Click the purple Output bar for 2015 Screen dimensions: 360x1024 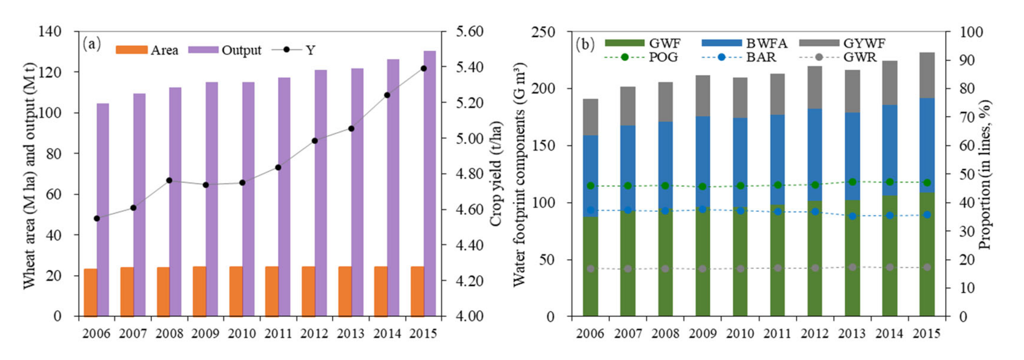pyautogui.click(x=430, y=183)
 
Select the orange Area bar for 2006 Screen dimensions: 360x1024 pyautogui.click(x=90, y=292)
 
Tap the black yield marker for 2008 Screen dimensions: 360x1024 pyautogui.click(x=169, y=180)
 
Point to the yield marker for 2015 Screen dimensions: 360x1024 pyautogui.click(x=424, y=68)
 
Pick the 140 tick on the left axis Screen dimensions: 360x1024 pyautogui.click(x=49, y=31)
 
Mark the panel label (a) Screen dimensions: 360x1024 pyautogui.click(x=92, y=44)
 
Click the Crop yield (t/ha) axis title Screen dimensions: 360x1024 pyautogui.click(x=496, y=174)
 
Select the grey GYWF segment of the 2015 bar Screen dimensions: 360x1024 pyautogui.click(x=927, y=75)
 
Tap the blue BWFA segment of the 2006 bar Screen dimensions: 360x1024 pyautogui.click(x=590, y=176)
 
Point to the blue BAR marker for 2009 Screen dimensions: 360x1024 pyautogui.click(x=702, y=209)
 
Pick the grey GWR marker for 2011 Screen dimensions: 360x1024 pyautogui.click(x=777, y=268)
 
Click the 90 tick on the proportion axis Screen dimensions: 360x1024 pyautogui.click(x=967, y=60)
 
